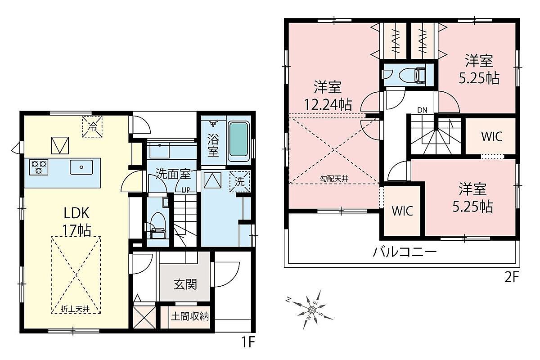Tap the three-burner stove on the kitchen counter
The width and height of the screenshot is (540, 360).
[x=39, y=167]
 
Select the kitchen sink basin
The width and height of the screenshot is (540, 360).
[x=81, y=167]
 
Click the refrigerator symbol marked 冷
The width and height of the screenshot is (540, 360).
[x=92, y=127]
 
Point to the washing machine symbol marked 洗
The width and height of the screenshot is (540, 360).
[x=239, y=181]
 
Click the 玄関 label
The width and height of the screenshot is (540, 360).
[x=185, y=284]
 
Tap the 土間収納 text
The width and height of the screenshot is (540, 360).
[x=190, y=316]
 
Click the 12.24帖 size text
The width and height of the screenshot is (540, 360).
[x=328, y=105]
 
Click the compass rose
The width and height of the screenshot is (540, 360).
[x=311, y=310]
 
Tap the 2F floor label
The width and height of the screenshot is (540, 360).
[x=511, y=278]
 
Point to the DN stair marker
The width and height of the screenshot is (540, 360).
[x=422, y=110]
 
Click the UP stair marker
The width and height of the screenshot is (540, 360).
[x=186, y=190]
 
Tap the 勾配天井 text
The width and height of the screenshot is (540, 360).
[x=334, y=179]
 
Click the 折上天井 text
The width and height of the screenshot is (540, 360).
[x=76, y=309]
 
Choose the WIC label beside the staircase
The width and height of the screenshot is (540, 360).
[x=492, y=136]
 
